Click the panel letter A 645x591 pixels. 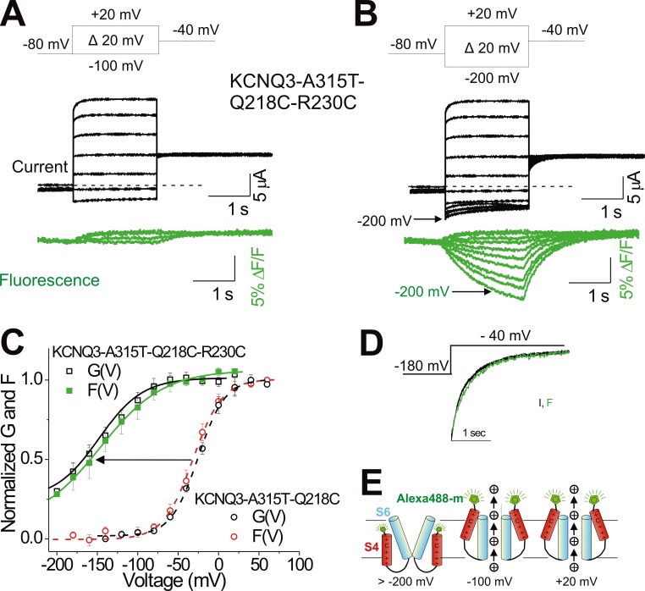click(18, 14)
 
